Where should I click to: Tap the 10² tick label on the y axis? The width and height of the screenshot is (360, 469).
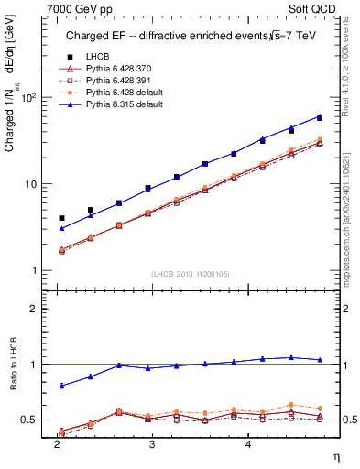29,97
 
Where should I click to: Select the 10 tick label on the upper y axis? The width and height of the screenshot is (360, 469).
32,184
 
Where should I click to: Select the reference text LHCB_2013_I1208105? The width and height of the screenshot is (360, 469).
190,275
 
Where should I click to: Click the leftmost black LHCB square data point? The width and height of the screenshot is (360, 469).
61,218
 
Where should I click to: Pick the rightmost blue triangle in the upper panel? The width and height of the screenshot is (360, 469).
320,115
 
